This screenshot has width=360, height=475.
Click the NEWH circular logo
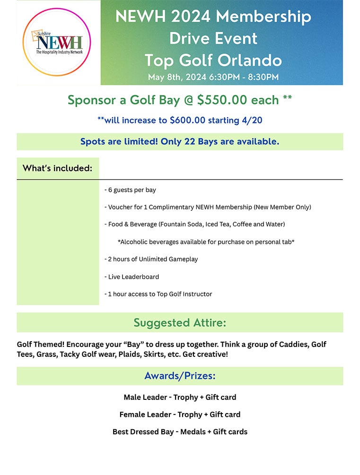pyautogui.click(x=56, y=42)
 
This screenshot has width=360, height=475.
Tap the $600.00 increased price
pyautogui.click(x=187, y=120)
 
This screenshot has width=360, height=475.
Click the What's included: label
pyautogui.click(x=57, y=168)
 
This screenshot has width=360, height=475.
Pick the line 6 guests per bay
pyautogui.click(x=130, y=190)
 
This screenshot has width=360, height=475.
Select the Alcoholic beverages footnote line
pyautogui.click(x=206, y=242)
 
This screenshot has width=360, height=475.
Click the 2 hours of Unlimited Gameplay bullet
pyautogui.click(x=151, y=259)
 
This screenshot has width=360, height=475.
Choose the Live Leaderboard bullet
pyautogui.click(x=132, y=276)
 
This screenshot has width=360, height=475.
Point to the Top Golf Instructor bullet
pyautogui.click(x=158, y=294)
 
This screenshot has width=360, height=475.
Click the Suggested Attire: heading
pyautogui.click(x=180, y=323)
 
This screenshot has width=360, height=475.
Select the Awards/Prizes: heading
pyautogui.click(x=180, y=376)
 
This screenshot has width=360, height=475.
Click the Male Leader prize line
pyautogui.click(x=180, y=397)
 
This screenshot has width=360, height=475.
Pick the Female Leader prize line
pyautogui.click(x=180, y=415)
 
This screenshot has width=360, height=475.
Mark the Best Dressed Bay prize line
pyautogui.click(x=180, y=432)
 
